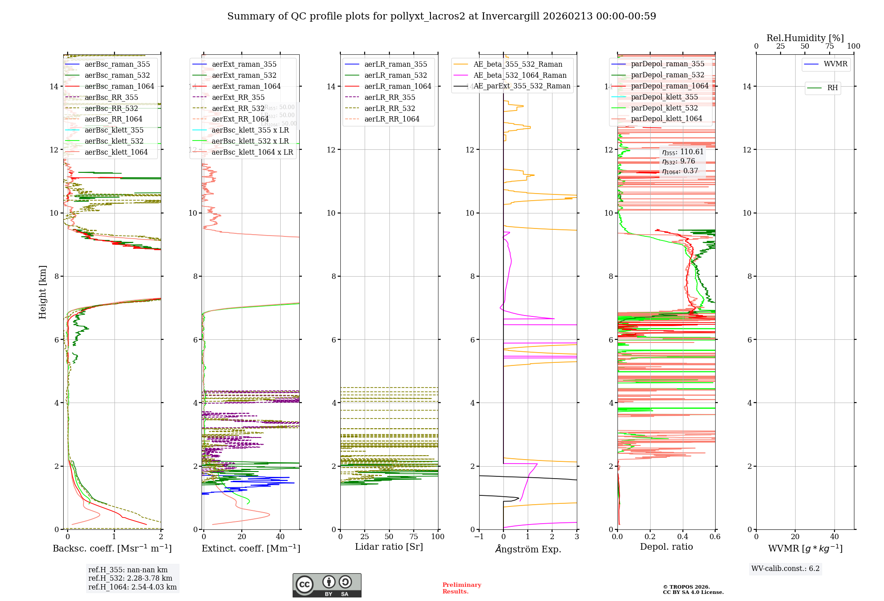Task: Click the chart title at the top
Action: [x=442, y=16]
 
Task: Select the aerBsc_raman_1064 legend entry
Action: [x=119, y=87]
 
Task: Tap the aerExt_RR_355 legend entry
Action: [x=238, y=98]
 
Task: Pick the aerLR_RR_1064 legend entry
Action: [x=392, y=119]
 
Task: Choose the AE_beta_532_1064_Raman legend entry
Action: [x=520, y=76]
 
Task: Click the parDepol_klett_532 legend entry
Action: [x=664, y=108]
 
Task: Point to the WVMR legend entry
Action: [x=835, y=64]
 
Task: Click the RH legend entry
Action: [x=832, y=88]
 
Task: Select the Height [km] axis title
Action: [x=42, y=292]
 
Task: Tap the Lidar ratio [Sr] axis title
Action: [x=389, y=547]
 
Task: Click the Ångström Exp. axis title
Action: [x=528, y=549]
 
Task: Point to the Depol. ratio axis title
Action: [x=666, y=547]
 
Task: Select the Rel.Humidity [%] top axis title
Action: [x=805, y=38]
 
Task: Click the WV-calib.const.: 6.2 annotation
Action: [x=785, y=569]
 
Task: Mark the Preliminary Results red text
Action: [x=461, y=588]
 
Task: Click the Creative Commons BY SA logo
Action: [x=327, y=586]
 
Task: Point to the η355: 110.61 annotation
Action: [x=682, y=152]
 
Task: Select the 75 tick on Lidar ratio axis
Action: [x=414, y=537]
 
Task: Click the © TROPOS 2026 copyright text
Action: [x=686, y=587]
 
